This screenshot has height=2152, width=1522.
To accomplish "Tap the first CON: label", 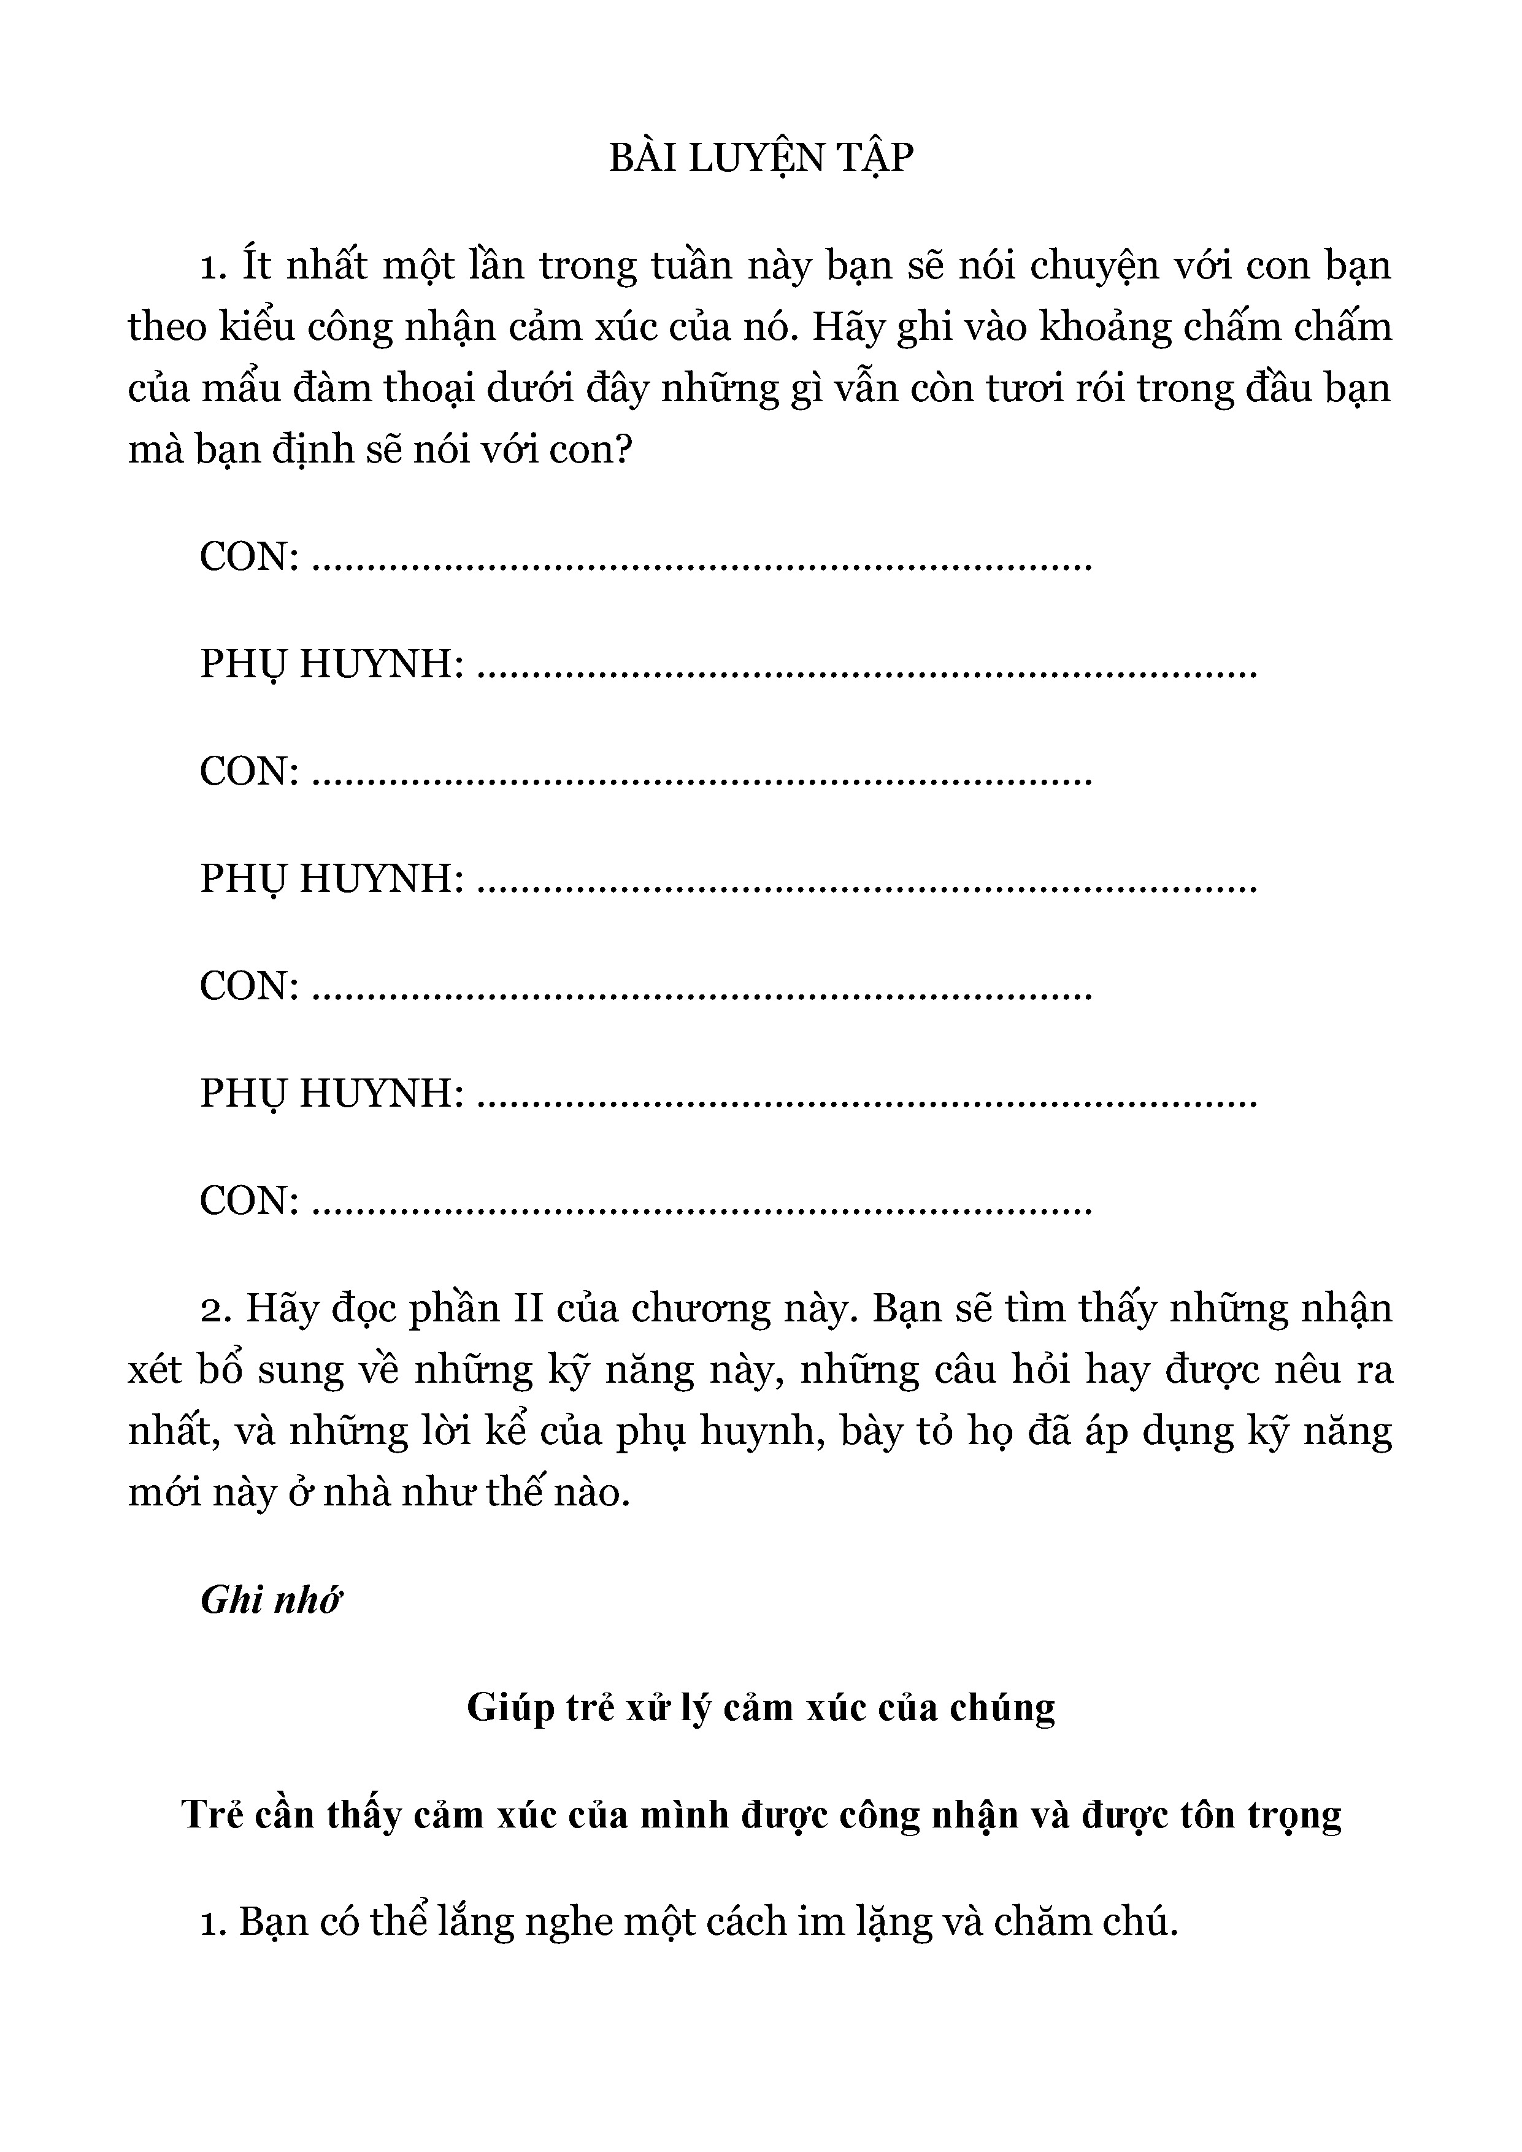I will (x=249, y=557).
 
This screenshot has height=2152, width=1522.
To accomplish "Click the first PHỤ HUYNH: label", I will (x=332, y=666).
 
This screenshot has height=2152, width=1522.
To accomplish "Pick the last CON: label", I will (x=249, y=1201).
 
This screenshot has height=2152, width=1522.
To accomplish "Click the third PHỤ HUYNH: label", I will (x=332, y=1094).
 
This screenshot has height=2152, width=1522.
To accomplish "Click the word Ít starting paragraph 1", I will (x=256, y=266).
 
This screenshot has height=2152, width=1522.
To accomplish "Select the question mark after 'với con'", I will (x=622, y=451).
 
